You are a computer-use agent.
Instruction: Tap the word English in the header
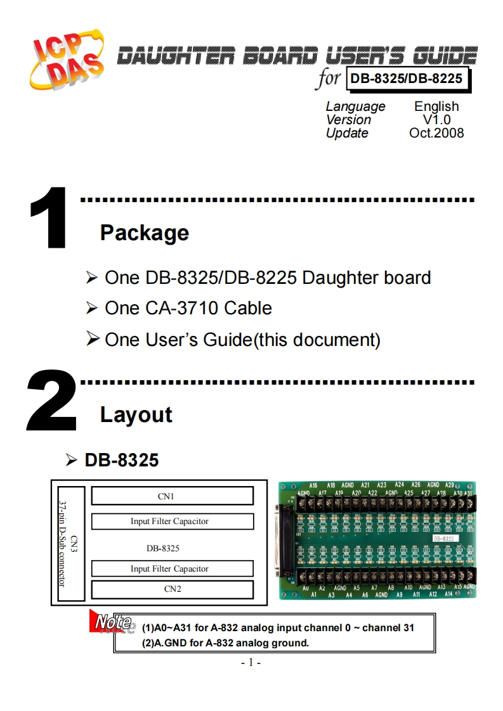[436, 106]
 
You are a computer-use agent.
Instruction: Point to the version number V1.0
[436, 120]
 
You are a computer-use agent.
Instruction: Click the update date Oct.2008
[436, 133]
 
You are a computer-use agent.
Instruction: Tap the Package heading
[145, 233]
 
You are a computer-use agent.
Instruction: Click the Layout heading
[136, 415]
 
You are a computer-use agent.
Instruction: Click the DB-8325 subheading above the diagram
[122, 460]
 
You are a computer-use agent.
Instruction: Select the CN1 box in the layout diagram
[173, 496]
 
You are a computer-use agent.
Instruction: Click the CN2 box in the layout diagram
[173, 589]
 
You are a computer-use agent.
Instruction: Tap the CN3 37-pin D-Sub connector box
[71, 544]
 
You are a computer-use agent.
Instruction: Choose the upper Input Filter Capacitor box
[173, 522]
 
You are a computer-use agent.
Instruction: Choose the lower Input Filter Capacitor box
[173, 568]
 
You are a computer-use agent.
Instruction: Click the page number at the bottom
[251, 663]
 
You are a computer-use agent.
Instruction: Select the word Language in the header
[355, 106]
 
